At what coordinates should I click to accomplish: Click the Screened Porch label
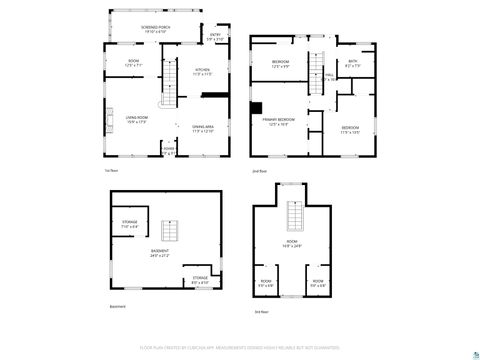155,29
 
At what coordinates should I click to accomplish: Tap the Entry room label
215,37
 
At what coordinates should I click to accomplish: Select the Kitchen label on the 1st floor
201,71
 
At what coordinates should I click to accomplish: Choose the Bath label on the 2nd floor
352,65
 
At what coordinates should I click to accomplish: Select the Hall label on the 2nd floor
329,76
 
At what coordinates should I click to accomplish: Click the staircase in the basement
169,231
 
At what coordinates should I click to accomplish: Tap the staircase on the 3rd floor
293,215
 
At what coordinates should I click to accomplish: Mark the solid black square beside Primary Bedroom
256,108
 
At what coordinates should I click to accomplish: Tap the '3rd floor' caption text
262,313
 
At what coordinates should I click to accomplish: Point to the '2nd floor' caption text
259,171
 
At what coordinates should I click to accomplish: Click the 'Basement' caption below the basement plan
117,306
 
